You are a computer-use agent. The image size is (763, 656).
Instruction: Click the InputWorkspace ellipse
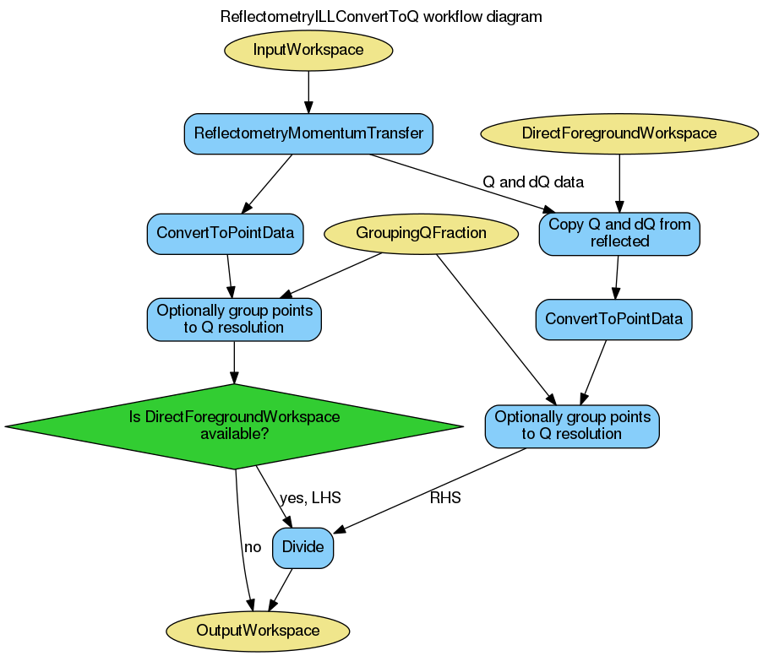308,50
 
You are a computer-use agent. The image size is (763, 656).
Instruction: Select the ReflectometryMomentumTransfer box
308,133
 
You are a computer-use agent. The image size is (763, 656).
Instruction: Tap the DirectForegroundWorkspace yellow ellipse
619,133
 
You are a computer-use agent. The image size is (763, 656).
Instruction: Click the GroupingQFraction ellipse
421,233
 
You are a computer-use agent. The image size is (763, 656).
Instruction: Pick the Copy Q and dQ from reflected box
619,233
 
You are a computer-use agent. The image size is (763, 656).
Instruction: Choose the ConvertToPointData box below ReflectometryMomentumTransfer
226,233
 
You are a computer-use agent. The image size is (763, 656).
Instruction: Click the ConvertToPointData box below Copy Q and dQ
614,320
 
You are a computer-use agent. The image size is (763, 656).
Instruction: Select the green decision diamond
234,426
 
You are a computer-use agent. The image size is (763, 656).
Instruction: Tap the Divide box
302,547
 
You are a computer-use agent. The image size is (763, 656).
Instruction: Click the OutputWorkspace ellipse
258,631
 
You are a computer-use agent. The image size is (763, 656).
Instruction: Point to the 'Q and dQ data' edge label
533,182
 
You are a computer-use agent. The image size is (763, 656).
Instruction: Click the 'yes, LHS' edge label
310,498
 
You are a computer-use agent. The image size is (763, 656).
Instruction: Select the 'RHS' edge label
445,498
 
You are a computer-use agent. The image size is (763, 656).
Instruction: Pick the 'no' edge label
253,547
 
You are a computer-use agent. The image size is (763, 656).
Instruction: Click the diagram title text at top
381,17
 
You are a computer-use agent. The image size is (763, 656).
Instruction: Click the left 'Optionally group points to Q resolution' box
234,320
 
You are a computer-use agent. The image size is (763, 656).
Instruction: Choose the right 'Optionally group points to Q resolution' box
572,426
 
